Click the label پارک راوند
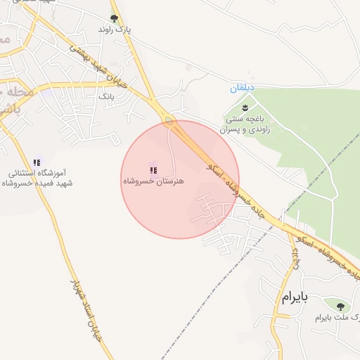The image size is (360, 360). [115, 31]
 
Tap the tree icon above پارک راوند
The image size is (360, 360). [115, 19]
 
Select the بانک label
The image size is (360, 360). [106, 95]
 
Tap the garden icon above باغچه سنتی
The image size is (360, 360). [245, 108]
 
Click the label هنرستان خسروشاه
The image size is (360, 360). [153, 181]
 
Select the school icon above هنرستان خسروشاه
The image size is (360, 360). [153, 169]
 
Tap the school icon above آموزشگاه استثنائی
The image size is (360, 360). [37, 162]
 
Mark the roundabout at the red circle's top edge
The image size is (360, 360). [169, 121]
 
